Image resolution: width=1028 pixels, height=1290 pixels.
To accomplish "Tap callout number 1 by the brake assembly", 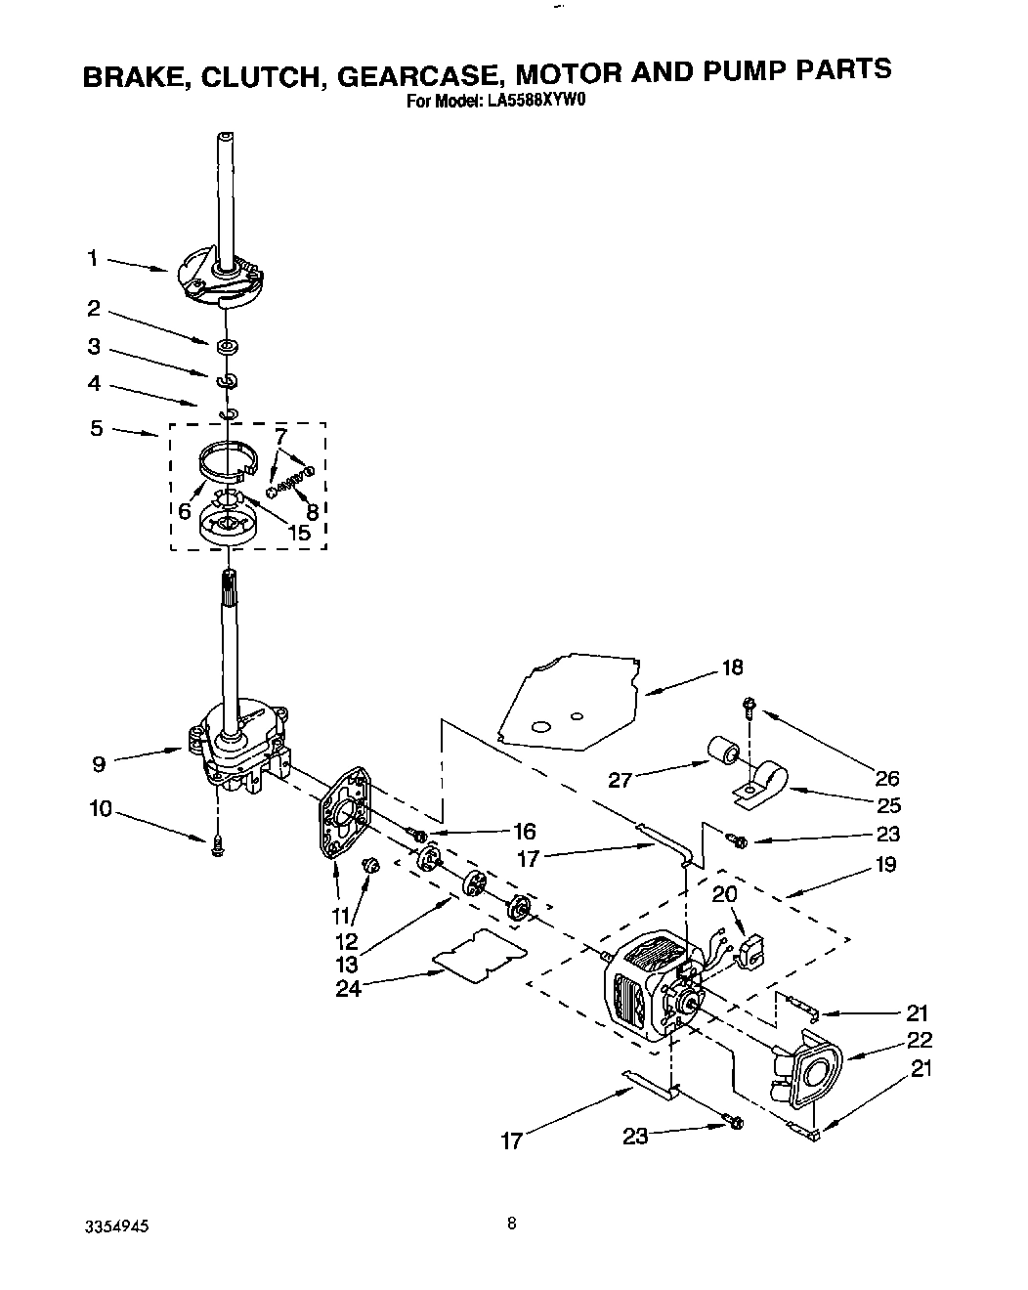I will click(92, 258).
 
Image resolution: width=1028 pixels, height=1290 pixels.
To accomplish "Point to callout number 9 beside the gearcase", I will click(99, 764).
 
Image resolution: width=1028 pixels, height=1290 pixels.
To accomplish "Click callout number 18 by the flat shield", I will click(732, 667).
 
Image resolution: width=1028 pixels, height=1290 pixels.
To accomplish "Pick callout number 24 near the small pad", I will click(348, 988).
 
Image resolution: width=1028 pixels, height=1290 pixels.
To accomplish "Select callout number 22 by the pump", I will click(920, 1040).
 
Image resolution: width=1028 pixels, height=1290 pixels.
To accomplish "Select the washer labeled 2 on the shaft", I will click(227, 345).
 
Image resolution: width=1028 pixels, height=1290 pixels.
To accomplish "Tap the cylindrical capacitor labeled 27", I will click(724, 752).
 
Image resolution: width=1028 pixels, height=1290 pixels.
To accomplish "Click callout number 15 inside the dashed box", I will click(299, 533).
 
